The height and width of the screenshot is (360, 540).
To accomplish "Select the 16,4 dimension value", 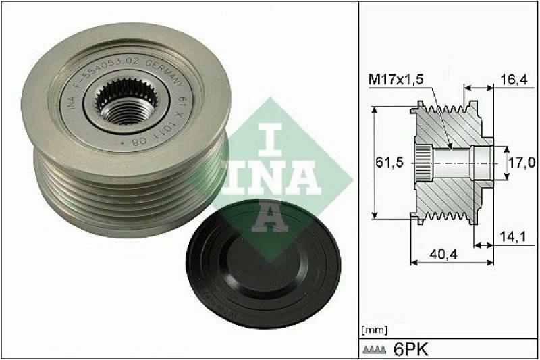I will click(x=515, y=79).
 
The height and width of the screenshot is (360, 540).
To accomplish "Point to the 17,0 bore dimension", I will click(x=523, y=163).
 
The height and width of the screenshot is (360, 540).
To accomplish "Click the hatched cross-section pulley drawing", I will click(x=448, y=163).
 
